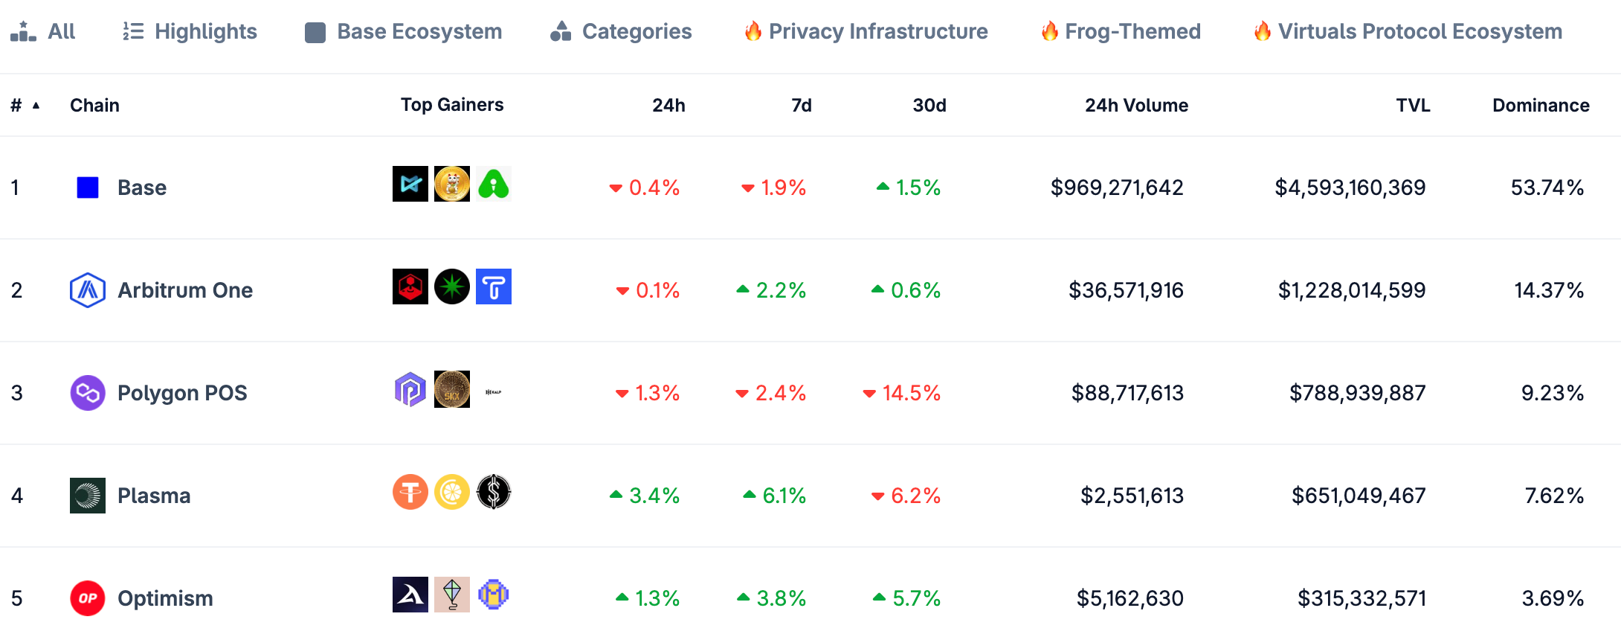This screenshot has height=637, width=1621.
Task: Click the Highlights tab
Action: (190, 31)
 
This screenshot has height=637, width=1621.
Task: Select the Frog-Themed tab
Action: (1121, 31)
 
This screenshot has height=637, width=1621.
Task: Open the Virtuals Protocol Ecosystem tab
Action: (1408, 31)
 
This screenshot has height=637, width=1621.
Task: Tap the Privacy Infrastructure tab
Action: (866, 31)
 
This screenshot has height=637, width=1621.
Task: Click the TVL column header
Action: (1413, 105)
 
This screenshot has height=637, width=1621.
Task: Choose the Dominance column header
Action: (1541, 105)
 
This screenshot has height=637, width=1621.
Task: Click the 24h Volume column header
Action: (1136, 105)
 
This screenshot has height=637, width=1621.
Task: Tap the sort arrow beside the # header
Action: (36, 106)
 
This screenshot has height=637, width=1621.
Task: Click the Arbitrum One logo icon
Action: (88, 290)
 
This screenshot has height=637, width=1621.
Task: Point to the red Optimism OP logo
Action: (88, 598)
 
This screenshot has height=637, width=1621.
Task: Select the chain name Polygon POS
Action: (182, 393)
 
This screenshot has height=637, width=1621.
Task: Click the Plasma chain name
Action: (154, 496)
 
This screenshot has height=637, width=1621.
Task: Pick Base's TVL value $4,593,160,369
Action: (1350, 188)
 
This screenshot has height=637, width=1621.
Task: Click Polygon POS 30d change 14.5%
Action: (901, 393)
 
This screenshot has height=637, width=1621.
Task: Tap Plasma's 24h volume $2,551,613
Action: (1132, 496)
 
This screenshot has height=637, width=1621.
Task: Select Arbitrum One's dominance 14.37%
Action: (1549, 290)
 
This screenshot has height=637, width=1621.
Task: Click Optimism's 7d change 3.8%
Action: (772, 598)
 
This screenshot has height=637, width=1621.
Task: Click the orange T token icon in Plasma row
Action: (410, 492)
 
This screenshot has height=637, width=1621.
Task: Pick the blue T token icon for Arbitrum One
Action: (494, 287)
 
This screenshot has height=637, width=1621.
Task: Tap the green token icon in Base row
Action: (494, 184)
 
